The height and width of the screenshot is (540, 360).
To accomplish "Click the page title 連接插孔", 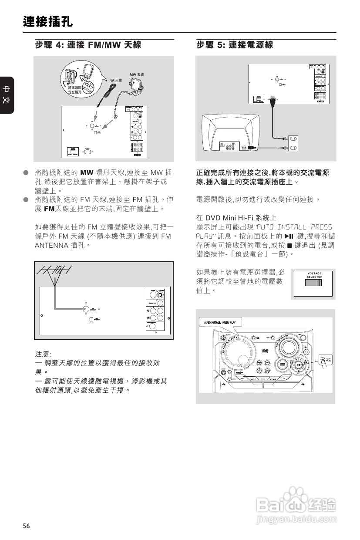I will pyautogui.click(x=48, y=22).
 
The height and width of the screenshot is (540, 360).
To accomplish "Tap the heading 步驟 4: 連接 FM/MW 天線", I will pyautogui.click(x=88, y=45).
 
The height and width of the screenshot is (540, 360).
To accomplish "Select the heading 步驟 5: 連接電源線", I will pyautogui.click(x=235, y=45).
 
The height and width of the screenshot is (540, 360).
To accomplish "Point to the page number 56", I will pyautogui.click(x=27, y=526).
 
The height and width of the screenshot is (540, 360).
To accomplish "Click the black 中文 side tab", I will pyautogui.click(x=7, y=95).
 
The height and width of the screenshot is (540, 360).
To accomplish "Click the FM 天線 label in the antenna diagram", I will pyautogui.click(x=115, y=81).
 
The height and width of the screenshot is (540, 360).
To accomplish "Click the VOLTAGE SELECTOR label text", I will pyautogui.click(x=314, y=275).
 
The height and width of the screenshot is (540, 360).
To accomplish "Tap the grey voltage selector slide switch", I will pyautogui.click(x=313, y=283).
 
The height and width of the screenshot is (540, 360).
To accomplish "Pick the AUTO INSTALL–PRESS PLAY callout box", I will pyautogui.click(x=222, y=323).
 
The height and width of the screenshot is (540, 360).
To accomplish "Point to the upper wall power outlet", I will pyautogui.click(x=294, y=139).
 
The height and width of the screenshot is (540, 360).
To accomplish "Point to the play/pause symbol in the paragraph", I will pyautogui.click(x=288, y=236).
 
